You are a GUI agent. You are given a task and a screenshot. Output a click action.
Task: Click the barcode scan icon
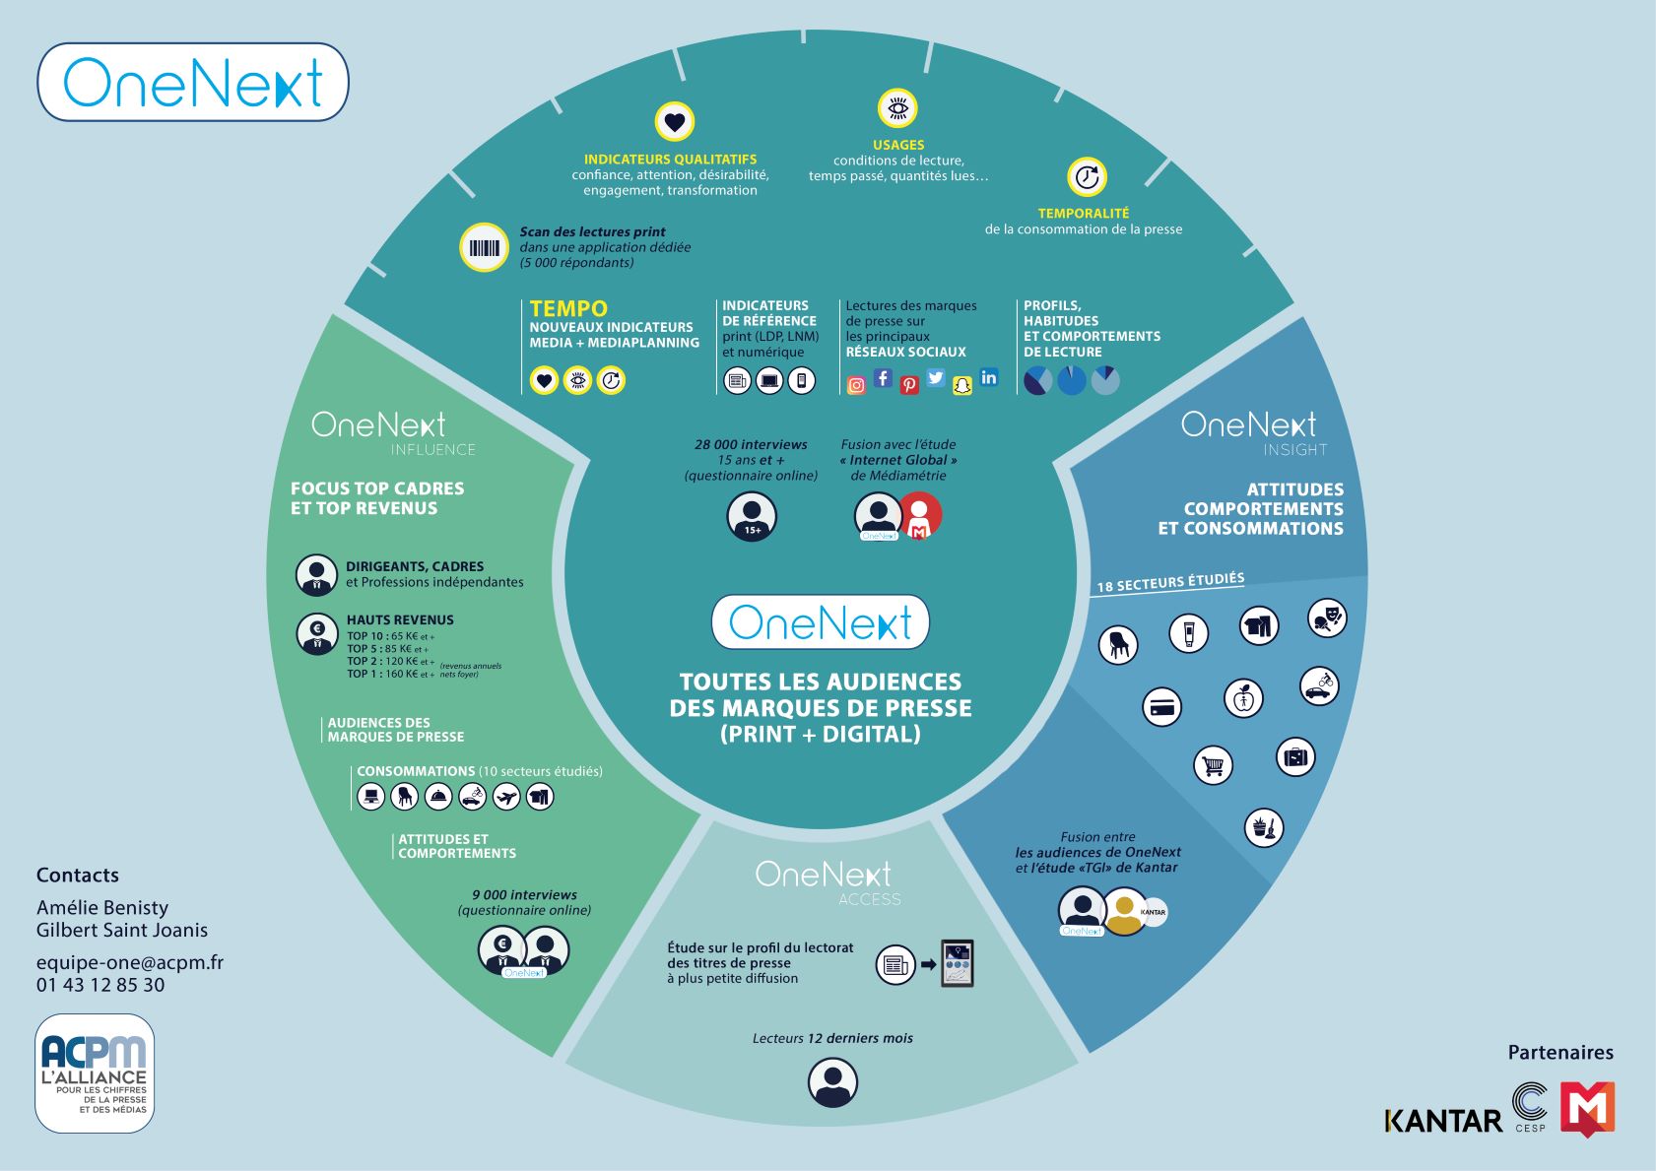point(484,247)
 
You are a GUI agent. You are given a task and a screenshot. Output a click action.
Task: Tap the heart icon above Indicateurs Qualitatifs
point(675,122)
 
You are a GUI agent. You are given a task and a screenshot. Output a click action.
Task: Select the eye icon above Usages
point(897,108)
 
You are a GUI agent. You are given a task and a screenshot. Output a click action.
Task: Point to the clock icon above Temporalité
point(1088,177)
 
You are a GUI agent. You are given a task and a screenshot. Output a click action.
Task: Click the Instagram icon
point(857,385)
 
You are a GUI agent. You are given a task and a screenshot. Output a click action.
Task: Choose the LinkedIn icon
point(989,377)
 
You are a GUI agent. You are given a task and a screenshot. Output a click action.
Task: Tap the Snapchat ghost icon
point(962,385)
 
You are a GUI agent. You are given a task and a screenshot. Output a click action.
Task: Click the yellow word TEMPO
point(568,308)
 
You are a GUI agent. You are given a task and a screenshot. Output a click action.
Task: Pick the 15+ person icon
point(752,516)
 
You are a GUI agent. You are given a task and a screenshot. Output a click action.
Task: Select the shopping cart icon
point(1213,765)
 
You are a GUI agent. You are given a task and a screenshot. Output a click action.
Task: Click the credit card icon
point(1162,707)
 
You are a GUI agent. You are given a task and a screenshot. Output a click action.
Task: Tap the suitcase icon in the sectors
point(1295,757)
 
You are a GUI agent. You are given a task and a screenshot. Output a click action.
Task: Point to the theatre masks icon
point(1327,618)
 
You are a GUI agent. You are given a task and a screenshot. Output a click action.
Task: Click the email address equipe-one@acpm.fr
point(130,962)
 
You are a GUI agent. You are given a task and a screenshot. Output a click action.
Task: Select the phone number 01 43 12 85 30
point(100,985)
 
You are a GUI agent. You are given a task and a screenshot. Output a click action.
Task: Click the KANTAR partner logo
point(1443,1121)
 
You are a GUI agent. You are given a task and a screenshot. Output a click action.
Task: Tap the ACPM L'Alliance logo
point(95,1073)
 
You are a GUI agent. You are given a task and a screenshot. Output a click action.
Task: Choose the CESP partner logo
point(1530,1106)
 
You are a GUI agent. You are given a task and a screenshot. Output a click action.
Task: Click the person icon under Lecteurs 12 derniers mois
point(832,1082)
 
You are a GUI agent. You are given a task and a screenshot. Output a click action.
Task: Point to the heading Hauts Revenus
point(400,620)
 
